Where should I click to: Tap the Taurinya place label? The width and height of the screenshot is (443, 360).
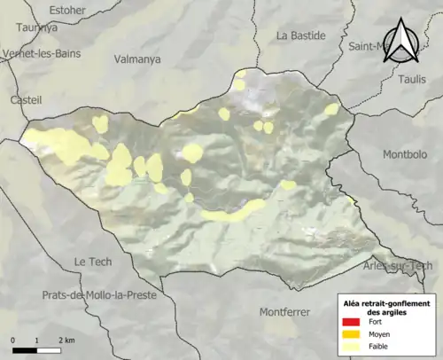(x=36, y=27)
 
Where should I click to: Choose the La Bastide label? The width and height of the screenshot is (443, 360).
(x=301, y=35)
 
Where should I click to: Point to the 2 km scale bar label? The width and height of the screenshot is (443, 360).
(x=66, y=340)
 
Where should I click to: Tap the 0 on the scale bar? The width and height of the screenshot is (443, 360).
(x=13, y=340)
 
